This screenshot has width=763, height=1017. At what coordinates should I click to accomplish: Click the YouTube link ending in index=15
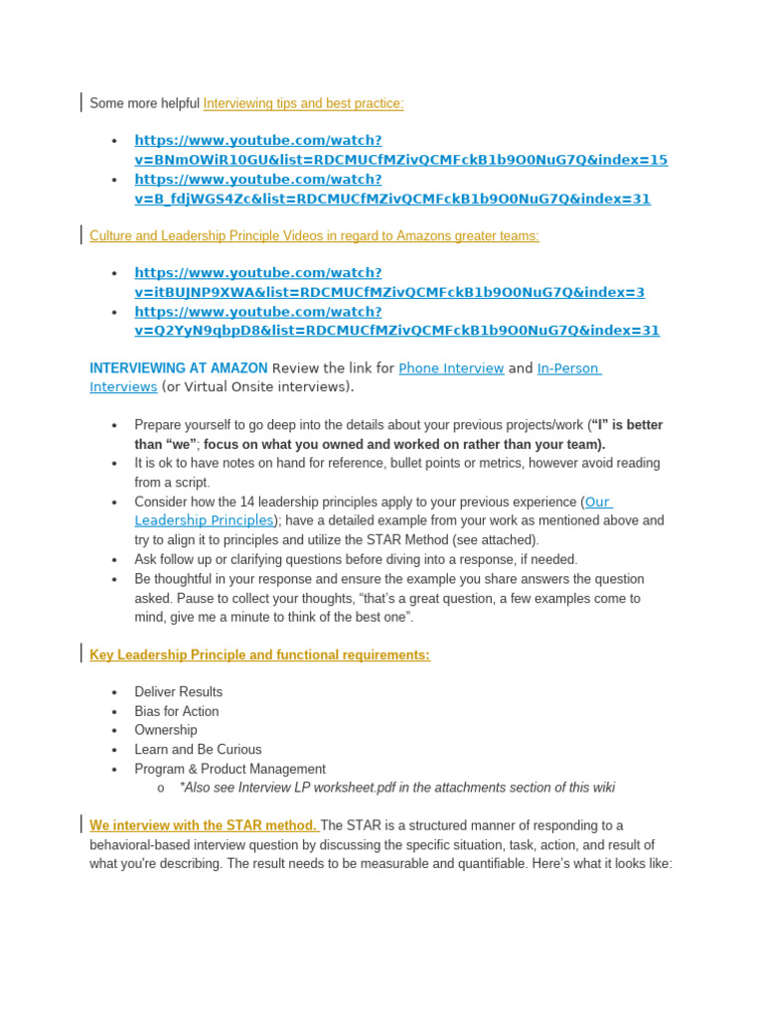click(x=400, y=160)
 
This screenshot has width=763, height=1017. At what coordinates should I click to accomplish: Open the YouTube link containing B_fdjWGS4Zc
click(x=392, y=199)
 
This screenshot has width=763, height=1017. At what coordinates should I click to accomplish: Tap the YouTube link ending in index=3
click(x=389, y=292)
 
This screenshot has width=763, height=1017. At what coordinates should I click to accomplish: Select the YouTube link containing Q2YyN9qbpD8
click(x=396, y=331)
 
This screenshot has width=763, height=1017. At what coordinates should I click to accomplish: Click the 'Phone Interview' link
click(x=451, y=368)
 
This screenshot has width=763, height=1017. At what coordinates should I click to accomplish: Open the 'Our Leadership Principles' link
click(x=204, y=520)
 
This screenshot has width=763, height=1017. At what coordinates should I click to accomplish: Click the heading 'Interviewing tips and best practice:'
click(x=303, y=103)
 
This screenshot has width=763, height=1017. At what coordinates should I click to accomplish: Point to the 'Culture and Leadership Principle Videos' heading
click(x=314, y=235)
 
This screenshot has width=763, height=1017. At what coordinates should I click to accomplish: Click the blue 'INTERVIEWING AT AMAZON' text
click(x=179, y=368)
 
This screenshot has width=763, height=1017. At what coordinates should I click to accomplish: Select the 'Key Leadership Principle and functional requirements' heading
click(x=259, y=654)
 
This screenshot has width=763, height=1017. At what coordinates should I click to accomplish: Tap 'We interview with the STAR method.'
click(x=203, y=825)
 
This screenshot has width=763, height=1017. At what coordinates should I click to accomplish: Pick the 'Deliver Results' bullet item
click(x=179, y=692)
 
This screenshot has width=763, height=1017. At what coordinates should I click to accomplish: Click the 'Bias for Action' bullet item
click(x=177, y=711)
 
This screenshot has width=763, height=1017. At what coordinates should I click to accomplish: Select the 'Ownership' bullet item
click(x=166, y=730)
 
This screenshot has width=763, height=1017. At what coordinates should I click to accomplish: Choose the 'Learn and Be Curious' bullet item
click(x=198, y=750)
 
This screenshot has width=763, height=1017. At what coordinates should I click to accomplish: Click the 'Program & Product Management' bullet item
click(x=229, y=769)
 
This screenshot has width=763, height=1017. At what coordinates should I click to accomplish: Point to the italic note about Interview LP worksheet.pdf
click(x=396, y=788)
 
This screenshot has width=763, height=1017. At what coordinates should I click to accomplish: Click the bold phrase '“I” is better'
click(x=627, y=425)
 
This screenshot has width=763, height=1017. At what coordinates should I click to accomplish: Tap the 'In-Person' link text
click(x=568, y=368)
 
